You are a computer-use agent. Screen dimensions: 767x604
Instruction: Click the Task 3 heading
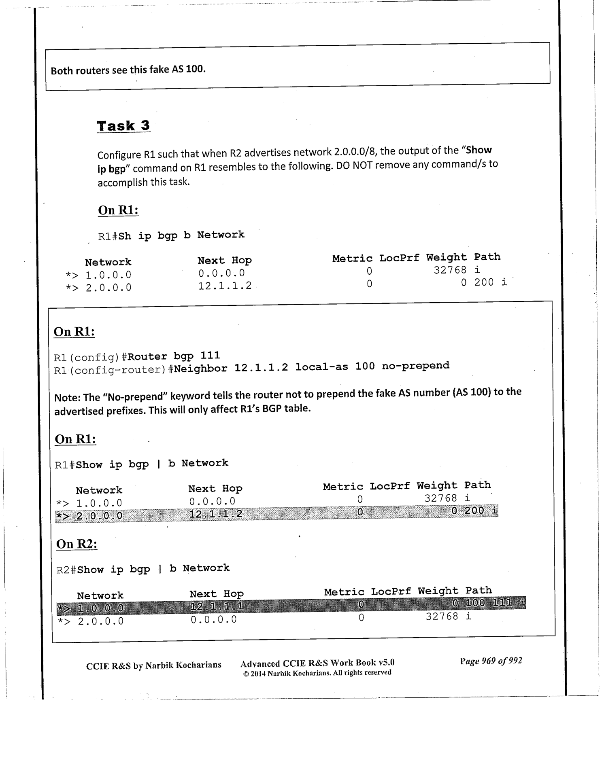point(123,126)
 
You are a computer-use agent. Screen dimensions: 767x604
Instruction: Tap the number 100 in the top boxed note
point(195,69)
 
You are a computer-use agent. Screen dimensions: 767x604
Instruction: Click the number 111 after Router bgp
point(210,356)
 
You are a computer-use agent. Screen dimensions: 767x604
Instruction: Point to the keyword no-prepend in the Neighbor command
point(415,366)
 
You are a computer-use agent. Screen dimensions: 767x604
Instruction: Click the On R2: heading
point(77,544)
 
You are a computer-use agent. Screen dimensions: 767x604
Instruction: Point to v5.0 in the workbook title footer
point(386,663)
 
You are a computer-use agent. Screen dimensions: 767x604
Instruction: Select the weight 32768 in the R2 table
point(442,617)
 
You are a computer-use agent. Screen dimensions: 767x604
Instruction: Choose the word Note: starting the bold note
point(67,398)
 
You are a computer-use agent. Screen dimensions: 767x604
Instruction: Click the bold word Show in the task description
point(479,150)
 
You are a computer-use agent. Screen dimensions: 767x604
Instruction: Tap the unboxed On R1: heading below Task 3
point(118,210)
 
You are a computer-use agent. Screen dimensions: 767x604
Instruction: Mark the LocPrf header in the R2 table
point(391,591)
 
